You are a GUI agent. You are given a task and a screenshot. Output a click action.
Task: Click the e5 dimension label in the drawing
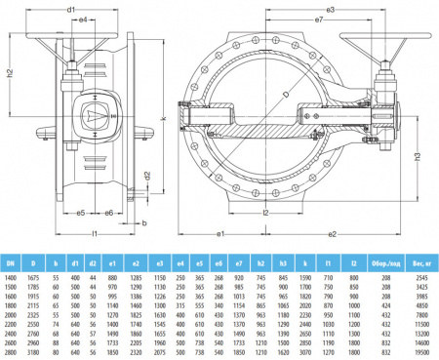[x=83, y=213]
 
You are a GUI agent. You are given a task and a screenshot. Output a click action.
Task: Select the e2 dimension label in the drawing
[x=333, y=234]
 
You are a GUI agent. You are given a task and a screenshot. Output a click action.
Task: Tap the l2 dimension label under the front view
[x=264, y=212]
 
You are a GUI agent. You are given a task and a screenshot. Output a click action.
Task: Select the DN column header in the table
[x=10, y=262]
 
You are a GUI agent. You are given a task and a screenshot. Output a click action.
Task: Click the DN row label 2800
[x=10, y=351]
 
